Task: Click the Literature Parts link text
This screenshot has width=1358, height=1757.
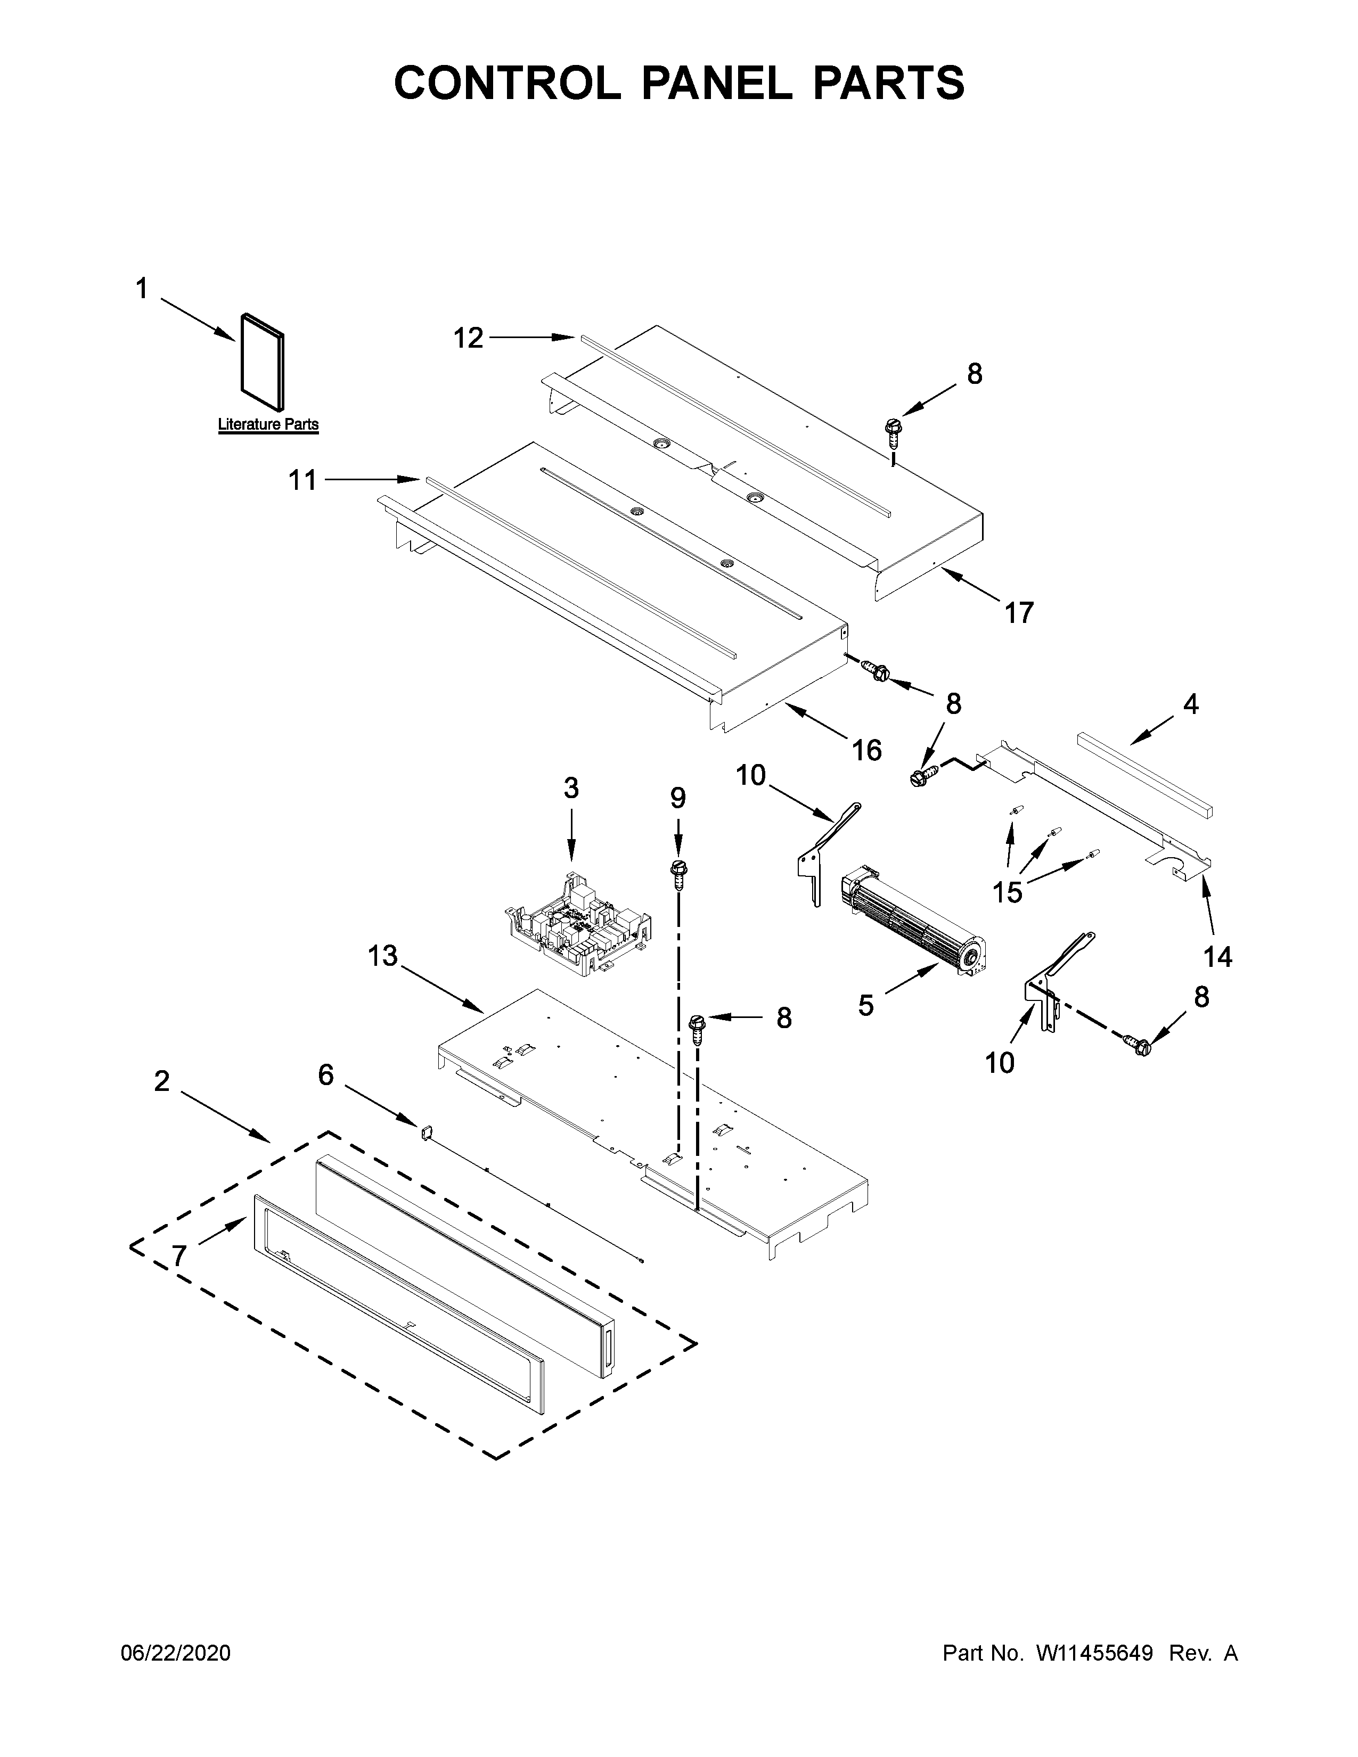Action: pyautogui.click(x=268, y=424)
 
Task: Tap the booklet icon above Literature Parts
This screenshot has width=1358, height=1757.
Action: pyautogui.click(x=262, y=360)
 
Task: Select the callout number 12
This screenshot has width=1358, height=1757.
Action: pyautogui.click(x=468, y=338)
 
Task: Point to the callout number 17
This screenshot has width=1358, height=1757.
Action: pyautogui.click(x=1018, y=613)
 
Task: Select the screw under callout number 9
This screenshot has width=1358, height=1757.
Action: pyautogui.click(x=677, y=873)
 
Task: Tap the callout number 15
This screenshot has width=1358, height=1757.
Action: pyautogui.click(x=1007, y=891)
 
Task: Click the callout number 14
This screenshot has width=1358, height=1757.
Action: pyautogui.click(x=1217, y=957)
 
